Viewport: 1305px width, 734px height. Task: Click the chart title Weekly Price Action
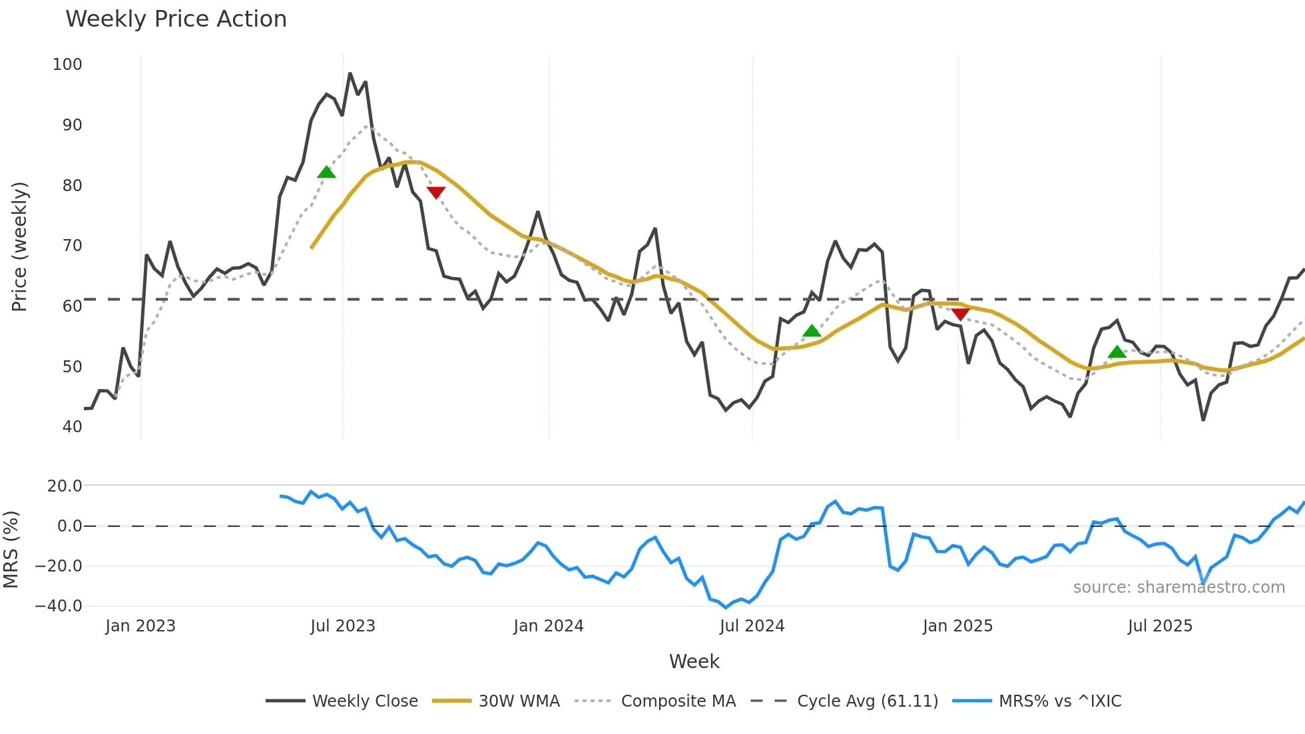point(176,19)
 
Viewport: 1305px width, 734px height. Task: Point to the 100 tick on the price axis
point(67,65)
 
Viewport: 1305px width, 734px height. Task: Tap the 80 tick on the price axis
point(72,186)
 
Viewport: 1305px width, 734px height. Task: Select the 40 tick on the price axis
point(72,427)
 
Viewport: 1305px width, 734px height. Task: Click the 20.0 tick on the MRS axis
point(65,486)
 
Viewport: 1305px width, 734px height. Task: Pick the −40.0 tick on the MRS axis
point(59,606)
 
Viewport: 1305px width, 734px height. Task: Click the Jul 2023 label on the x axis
point(343,626)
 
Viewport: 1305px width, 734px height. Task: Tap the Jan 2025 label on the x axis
point(957,626)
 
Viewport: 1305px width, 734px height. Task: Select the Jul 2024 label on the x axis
point(752,626)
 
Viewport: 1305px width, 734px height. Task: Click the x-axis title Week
point(694,661)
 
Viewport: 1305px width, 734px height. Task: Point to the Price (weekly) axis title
point(20,246)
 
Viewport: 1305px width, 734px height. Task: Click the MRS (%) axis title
point(11,550)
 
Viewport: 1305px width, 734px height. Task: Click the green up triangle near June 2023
point(326,173)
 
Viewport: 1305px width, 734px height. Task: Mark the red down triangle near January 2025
point(960,314)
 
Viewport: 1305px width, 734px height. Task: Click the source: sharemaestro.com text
point(1178,587)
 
